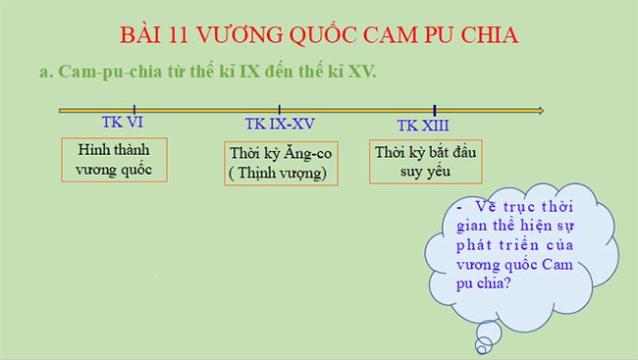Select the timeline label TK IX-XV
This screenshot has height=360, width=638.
[x=280, y=125]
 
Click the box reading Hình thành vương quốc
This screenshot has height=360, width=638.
[x=114, y=159]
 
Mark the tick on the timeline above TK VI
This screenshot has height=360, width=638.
[x=134, y=110]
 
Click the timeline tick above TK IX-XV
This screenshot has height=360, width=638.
[x=280, y=110]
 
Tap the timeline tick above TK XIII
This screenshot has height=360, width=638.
[x=434, y=110]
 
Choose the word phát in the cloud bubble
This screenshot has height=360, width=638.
[x=487, y=244]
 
